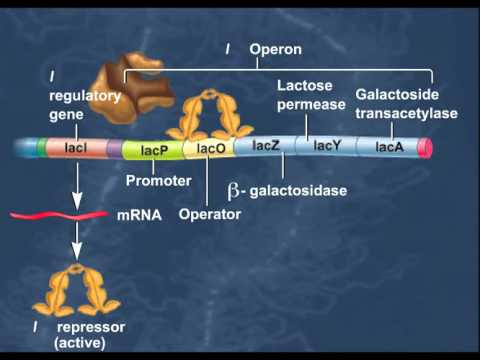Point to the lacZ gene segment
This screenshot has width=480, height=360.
click(x=266, y=146)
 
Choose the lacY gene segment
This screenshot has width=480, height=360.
click(x=327, y=145)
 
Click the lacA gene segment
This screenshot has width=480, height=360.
click(x=389, y=147)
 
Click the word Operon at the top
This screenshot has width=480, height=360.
click(x=275, y=48)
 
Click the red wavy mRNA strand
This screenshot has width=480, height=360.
click(x=59, y=214)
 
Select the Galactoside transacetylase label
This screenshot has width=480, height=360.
click(x=406, y=104)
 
